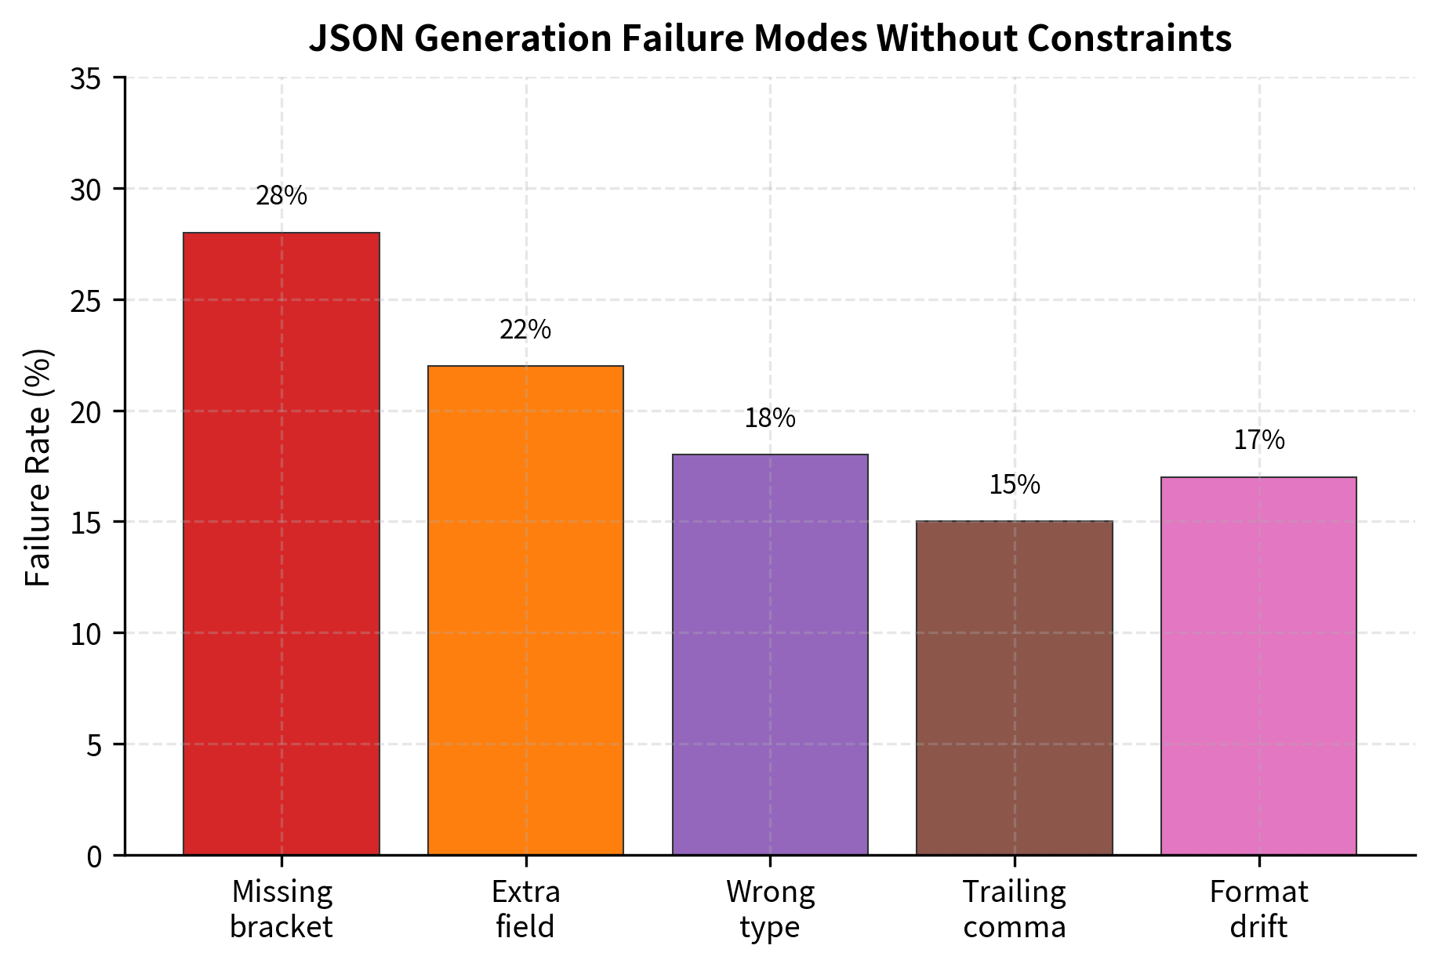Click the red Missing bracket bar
(x=281, y=543)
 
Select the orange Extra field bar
(x=525, y=610)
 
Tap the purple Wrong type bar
(x=770, y=654)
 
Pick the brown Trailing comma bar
(x=1015, y=687)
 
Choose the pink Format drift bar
(x=1258, y=665)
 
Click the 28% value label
(x=281, y=196)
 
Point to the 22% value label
(x=525, y=330)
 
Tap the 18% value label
(x=770, y=418)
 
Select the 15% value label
(x=1015, y=485)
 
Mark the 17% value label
(x=1259, y=440)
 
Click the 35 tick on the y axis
(x=85, y=79)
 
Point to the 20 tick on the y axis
(x=85, y=412)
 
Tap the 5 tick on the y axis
(x=94, y=745)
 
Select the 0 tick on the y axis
(x=94, y=856)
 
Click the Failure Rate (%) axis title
(x=38, y=467)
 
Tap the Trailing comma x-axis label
(x=1015, y=909)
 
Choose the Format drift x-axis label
(x=1258, y=909)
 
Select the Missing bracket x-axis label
(x=281, y=909)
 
